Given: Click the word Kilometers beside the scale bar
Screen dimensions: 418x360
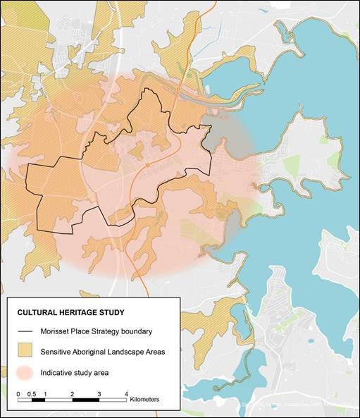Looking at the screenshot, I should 145,399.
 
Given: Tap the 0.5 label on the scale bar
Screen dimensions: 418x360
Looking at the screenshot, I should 31,392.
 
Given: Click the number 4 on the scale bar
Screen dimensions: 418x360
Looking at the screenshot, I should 126,392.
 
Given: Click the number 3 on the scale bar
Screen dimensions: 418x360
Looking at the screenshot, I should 99,392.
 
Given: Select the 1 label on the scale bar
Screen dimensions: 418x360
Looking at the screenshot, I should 45,392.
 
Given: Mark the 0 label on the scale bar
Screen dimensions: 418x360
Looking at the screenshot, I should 18,392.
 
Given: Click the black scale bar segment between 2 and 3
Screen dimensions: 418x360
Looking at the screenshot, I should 85,400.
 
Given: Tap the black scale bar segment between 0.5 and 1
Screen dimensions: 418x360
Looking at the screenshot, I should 38,400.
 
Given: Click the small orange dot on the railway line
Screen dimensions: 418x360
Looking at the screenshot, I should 148,164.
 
